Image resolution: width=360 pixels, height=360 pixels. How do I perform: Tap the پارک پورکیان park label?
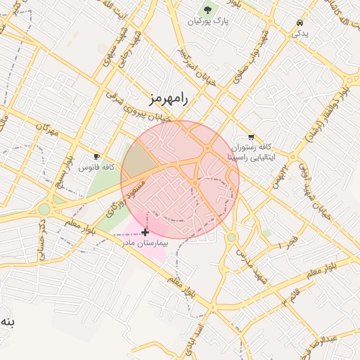208,22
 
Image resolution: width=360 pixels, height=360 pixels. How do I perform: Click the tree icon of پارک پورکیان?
208,9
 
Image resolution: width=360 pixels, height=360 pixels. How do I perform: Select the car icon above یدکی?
300,21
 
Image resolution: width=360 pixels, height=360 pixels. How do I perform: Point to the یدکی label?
300,32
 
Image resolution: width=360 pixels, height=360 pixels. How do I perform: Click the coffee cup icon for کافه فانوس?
96,156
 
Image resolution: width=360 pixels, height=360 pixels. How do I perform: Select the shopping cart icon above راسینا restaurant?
251,136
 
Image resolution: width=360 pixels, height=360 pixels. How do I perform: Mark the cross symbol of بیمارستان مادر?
145,231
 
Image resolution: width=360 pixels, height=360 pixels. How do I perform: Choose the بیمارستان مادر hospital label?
146,243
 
